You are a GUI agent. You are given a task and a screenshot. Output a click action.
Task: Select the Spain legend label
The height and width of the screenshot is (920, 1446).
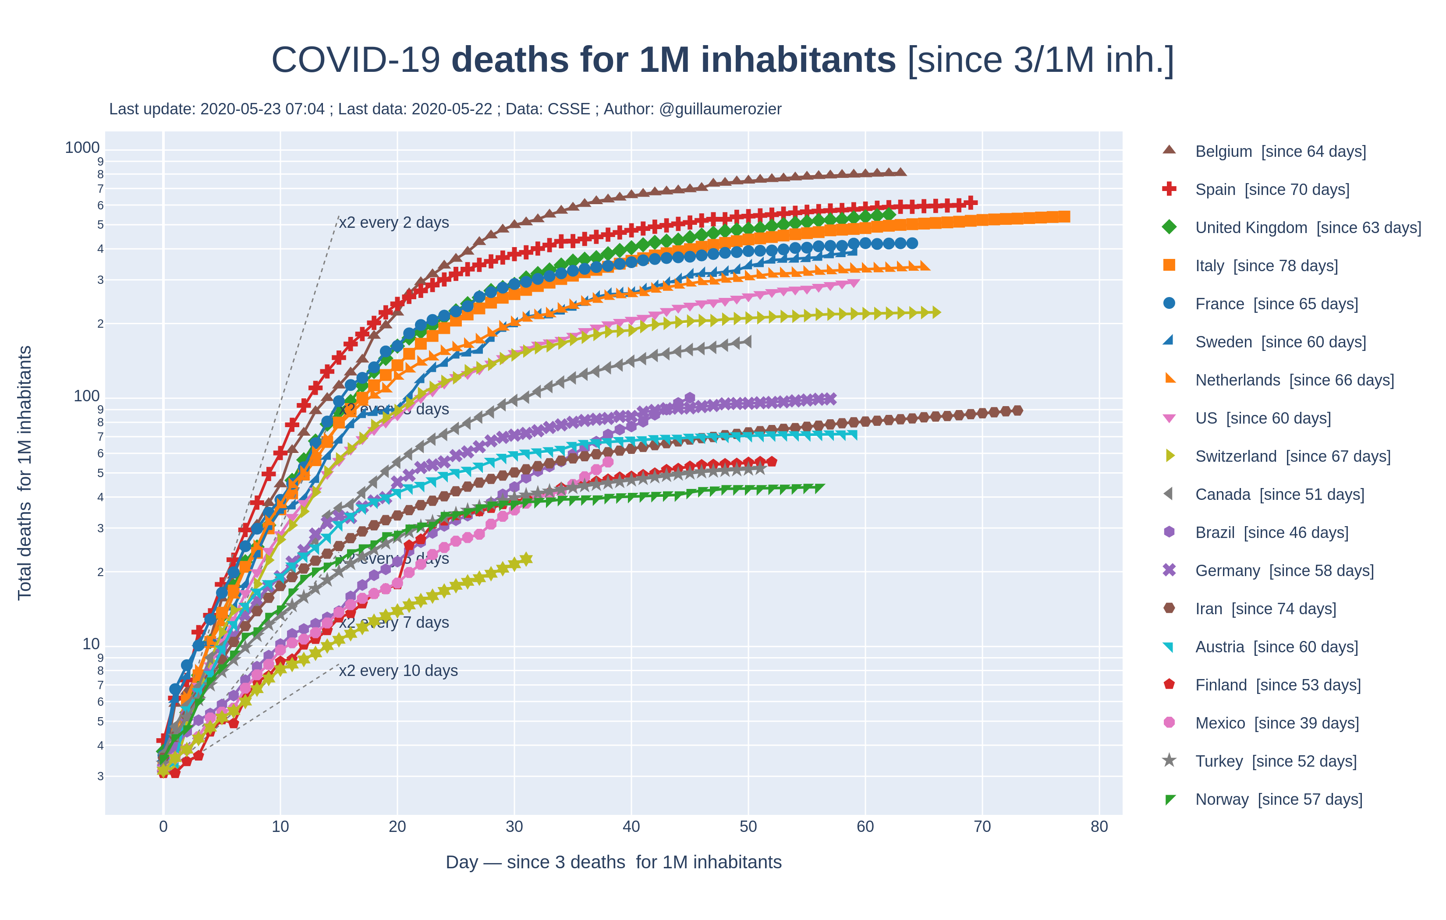point(1272,190)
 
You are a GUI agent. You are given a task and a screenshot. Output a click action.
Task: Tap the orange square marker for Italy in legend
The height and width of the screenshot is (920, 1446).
point(1169,265)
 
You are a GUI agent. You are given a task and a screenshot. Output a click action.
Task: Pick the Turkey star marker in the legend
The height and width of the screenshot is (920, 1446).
point(1169,761)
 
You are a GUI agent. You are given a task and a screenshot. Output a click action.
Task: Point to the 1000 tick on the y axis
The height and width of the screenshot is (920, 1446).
point(82,148)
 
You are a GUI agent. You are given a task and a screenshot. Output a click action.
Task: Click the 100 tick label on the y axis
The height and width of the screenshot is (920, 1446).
point(86,396)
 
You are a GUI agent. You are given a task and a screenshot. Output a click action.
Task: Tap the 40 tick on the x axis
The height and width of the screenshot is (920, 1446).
point(631,827)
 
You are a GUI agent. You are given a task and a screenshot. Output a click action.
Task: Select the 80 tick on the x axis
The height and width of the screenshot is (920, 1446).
point(1099,827)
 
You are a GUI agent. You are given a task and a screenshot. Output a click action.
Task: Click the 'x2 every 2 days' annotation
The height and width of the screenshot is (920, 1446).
point(394,223)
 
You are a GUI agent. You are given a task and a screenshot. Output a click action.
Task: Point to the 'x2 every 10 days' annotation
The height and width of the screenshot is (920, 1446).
point(398,671)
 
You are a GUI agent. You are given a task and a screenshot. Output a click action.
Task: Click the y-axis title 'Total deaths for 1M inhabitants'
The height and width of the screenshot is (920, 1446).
point(25,473)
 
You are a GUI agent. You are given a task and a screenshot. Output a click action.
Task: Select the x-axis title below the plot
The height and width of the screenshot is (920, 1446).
point(613,862)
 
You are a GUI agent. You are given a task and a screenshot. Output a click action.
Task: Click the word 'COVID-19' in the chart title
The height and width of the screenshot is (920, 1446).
point(355,60)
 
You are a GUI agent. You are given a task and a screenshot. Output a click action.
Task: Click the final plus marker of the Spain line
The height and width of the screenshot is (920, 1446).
point(971,203)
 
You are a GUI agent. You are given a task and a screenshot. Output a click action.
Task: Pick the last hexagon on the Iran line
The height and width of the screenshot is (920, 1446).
point(1017,411)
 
